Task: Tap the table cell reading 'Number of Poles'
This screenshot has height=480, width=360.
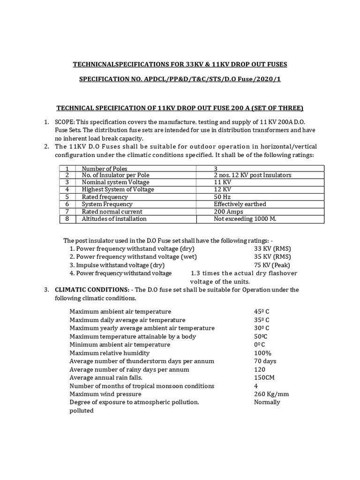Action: tap(105, 168)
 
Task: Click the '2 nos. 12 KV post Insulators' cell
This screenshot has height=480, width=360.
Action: tap(252, 175)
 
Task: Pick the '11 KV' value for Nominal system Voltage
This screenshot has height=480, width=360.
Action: tap(222, 182)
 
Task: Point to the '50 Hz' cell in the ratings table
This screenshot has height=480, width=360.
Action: tap(222, 197)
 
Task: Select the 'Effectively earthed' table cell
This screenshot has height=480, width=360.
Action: tap(240, 204)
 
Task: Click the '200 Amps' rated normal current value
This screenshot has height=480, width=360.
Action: tap(229, 211)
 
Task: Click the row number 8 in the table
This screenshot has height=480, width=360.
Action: tap(67, 218)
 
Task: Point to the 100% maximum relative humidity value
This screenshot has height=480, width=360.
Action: tap(262, 353)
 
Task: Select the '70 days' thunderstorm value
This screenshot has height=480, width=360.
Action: tap(265, 361)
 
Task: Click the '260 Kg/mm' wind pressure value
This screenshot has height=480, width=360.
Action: tap(271, 394)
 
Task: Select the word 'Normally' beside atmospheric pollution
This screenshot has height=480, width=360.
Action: tap(267, 402)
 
